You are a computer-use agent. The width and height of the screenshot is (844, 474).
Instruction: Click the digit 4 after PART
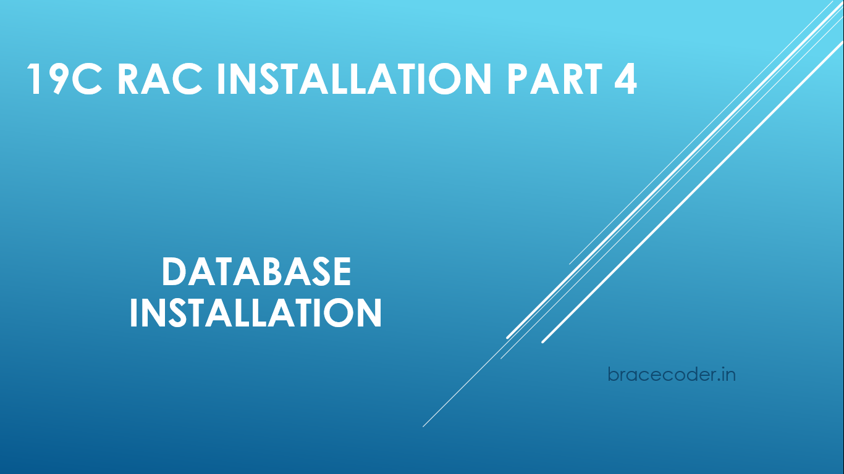pyautogui.click(x=625, y=79)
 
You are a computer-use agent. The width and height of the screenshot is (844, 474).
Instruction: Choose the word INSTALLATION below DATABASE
pyautogui.click(x=255, y=313)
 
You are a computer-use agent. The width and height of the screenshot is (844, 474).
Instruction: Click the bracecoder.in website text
pyautogui.click(x=672, y=374)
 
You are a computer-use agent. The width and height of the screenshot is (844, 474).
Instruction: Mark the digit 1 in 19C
pyautogui.click(x=34, y=79)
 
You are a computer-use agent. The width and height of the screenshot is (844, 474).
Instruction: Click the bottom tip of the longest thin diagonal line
pyautogui.click(x=423, y=426)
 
